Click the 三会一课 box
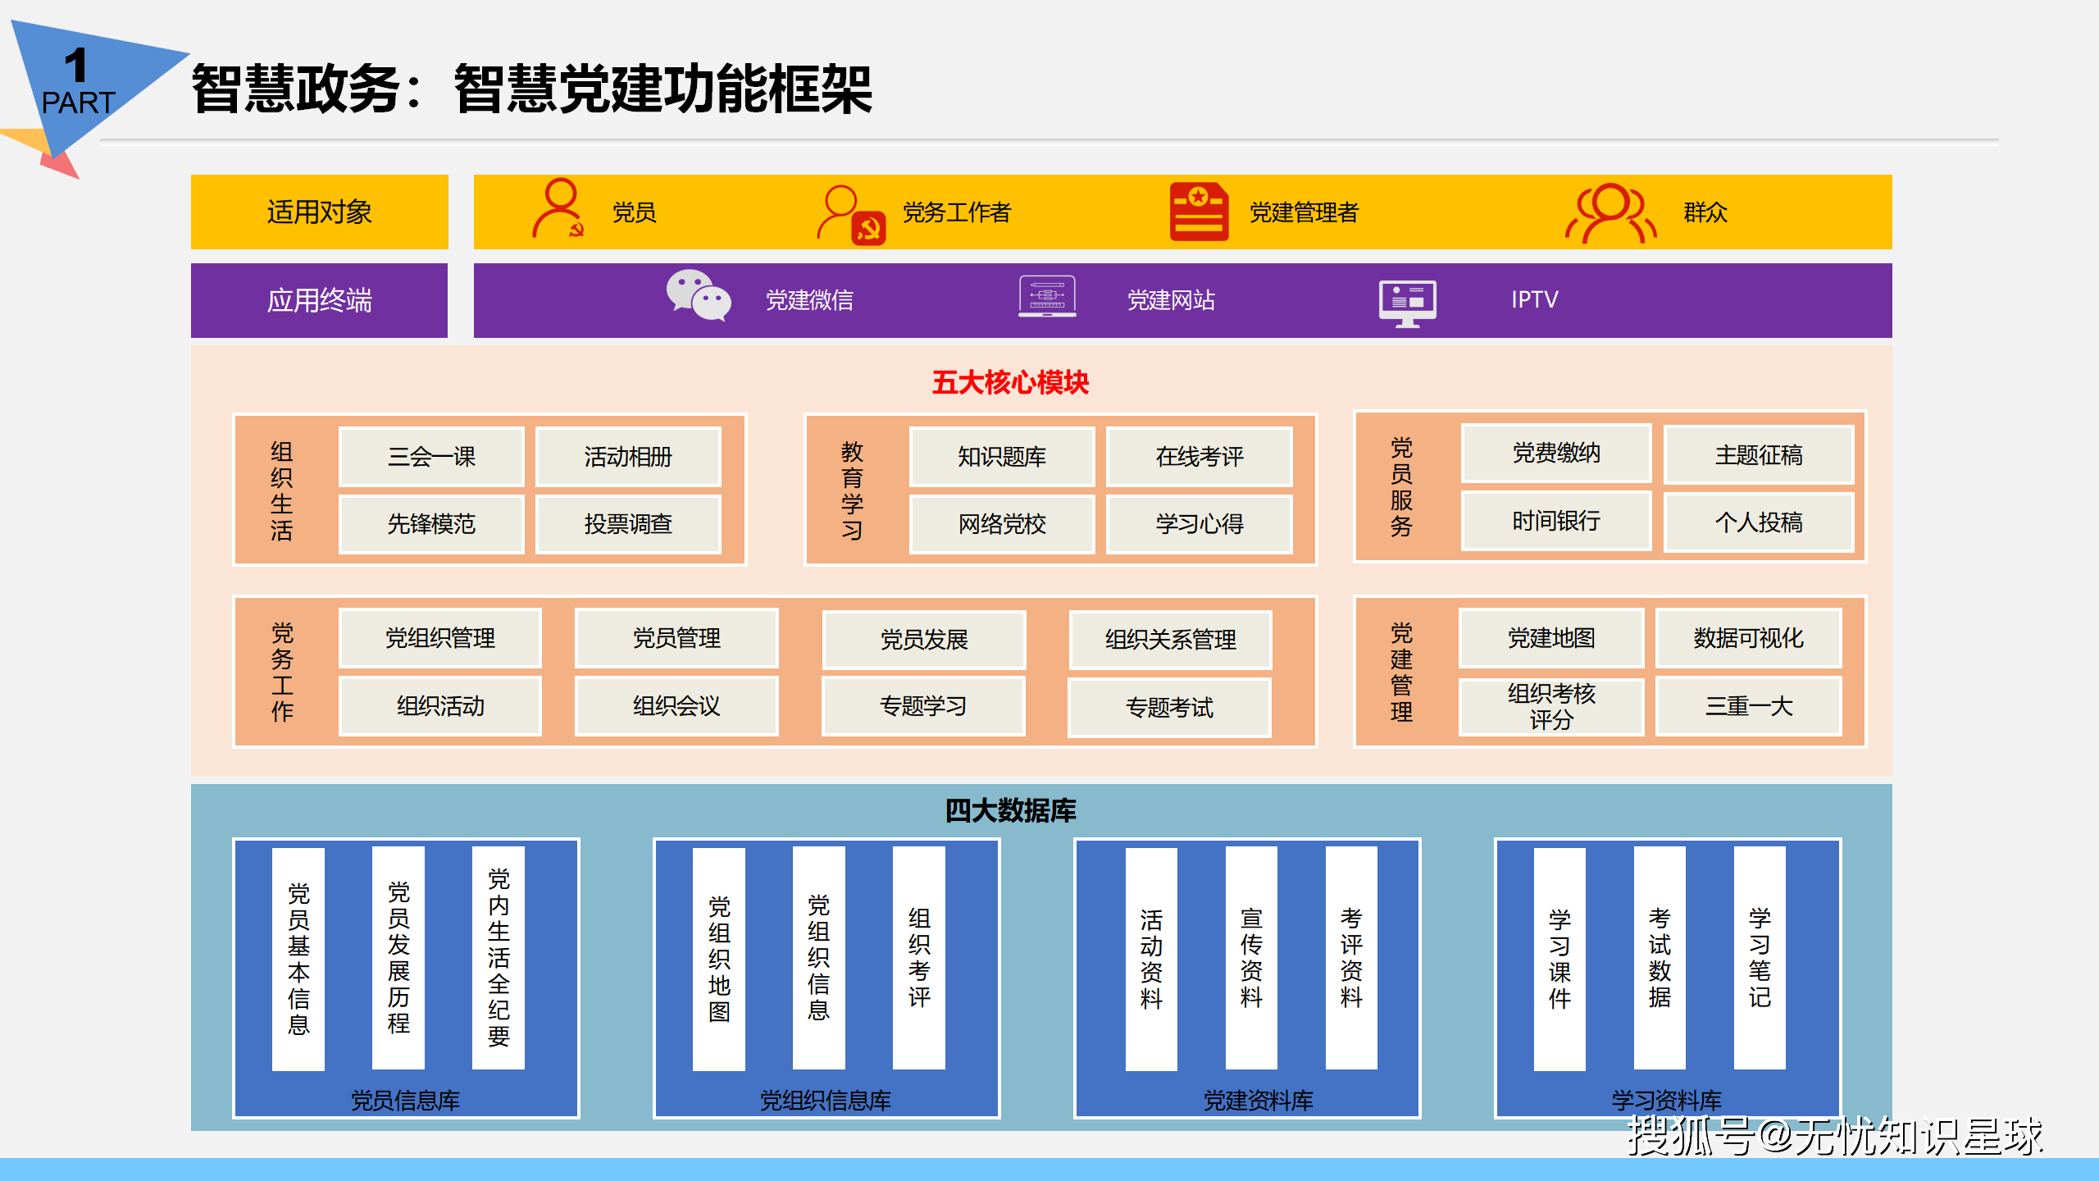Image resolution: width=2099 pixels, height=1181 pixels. click(431, 457)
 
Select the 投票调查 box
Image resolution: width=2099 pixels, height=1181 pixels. click(628, 524)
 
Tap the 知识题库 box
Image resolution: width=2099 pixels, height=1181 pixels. click(1002, 457)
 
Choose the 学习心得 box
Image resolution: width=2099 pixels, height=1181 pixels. click(1200, 524)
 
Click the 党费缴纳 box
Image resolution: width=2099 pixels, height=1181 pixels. click(1556, 453)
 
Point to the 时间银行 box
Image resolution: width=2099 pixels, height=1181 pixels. click(1556, 521)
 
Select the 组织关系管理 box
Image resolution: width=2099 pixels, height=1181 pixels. click(1170, 640)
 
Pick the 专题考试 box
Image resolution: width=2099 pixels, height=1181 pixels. click(1169, 707)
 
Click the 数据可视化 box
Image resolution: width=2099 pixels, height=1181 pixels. click(1749, 638)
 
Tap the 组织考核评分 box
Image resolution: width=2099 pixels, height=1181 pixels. click(1551, 706)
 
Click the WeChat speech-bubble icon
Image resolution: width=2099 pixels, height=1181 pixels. click(699, 295)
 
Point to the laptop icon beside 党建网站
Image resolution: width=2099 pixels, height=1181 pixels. click(1047, 297)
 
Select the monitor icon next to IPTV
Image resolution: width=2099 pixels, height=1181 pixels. click(1407, 303)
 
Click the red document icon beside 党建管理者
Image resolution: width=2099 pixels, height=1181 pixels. click(1199, 212)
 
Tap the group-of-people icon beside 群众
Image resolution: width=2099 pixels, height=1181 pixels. click(1611, 213)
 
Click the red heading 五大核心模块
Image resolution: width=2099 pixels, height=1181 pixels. click(1010, 382)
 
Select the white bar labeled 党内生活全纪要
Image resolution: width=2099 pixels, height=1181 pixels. click(499, 958)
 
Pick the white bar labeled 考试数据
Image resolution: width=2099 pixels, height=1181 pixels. click(1660, 958)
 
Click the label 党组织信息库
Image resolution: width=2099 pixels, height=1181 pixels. click(825, 1100)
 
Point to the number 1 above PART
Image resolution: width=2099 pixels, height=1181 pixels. click(75, 65)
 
